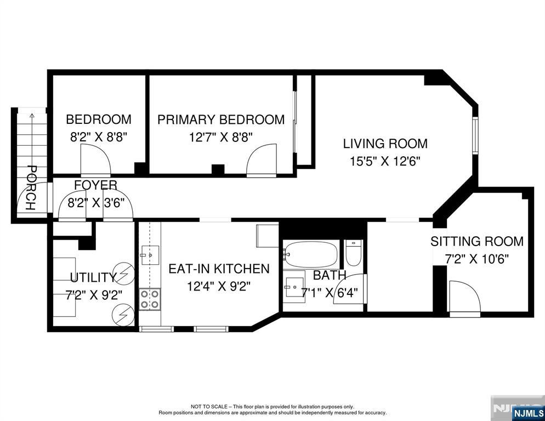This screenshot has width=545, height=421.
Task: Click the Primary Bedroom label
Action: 221,120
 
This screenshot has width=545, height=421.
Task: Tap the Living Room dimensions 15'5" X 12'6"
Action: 385,162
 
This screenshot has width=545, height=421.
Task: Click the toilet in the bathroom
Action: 354,253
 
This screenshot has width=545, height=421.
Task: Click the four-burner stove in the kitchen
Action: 150,299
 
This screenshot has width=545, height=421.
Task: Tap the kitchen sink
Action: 150,255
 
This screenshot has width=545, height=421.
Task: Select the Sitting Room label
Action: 477,241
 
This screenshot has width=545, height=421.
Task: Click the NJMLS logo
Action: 528,413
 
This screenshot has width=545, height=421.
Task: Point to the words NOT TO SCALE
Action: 209,406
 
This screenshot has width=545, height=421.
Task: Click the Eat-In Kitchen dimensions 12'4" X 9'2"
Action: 219,287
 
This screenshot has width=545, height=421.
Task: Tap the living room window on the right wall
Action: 475,135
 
